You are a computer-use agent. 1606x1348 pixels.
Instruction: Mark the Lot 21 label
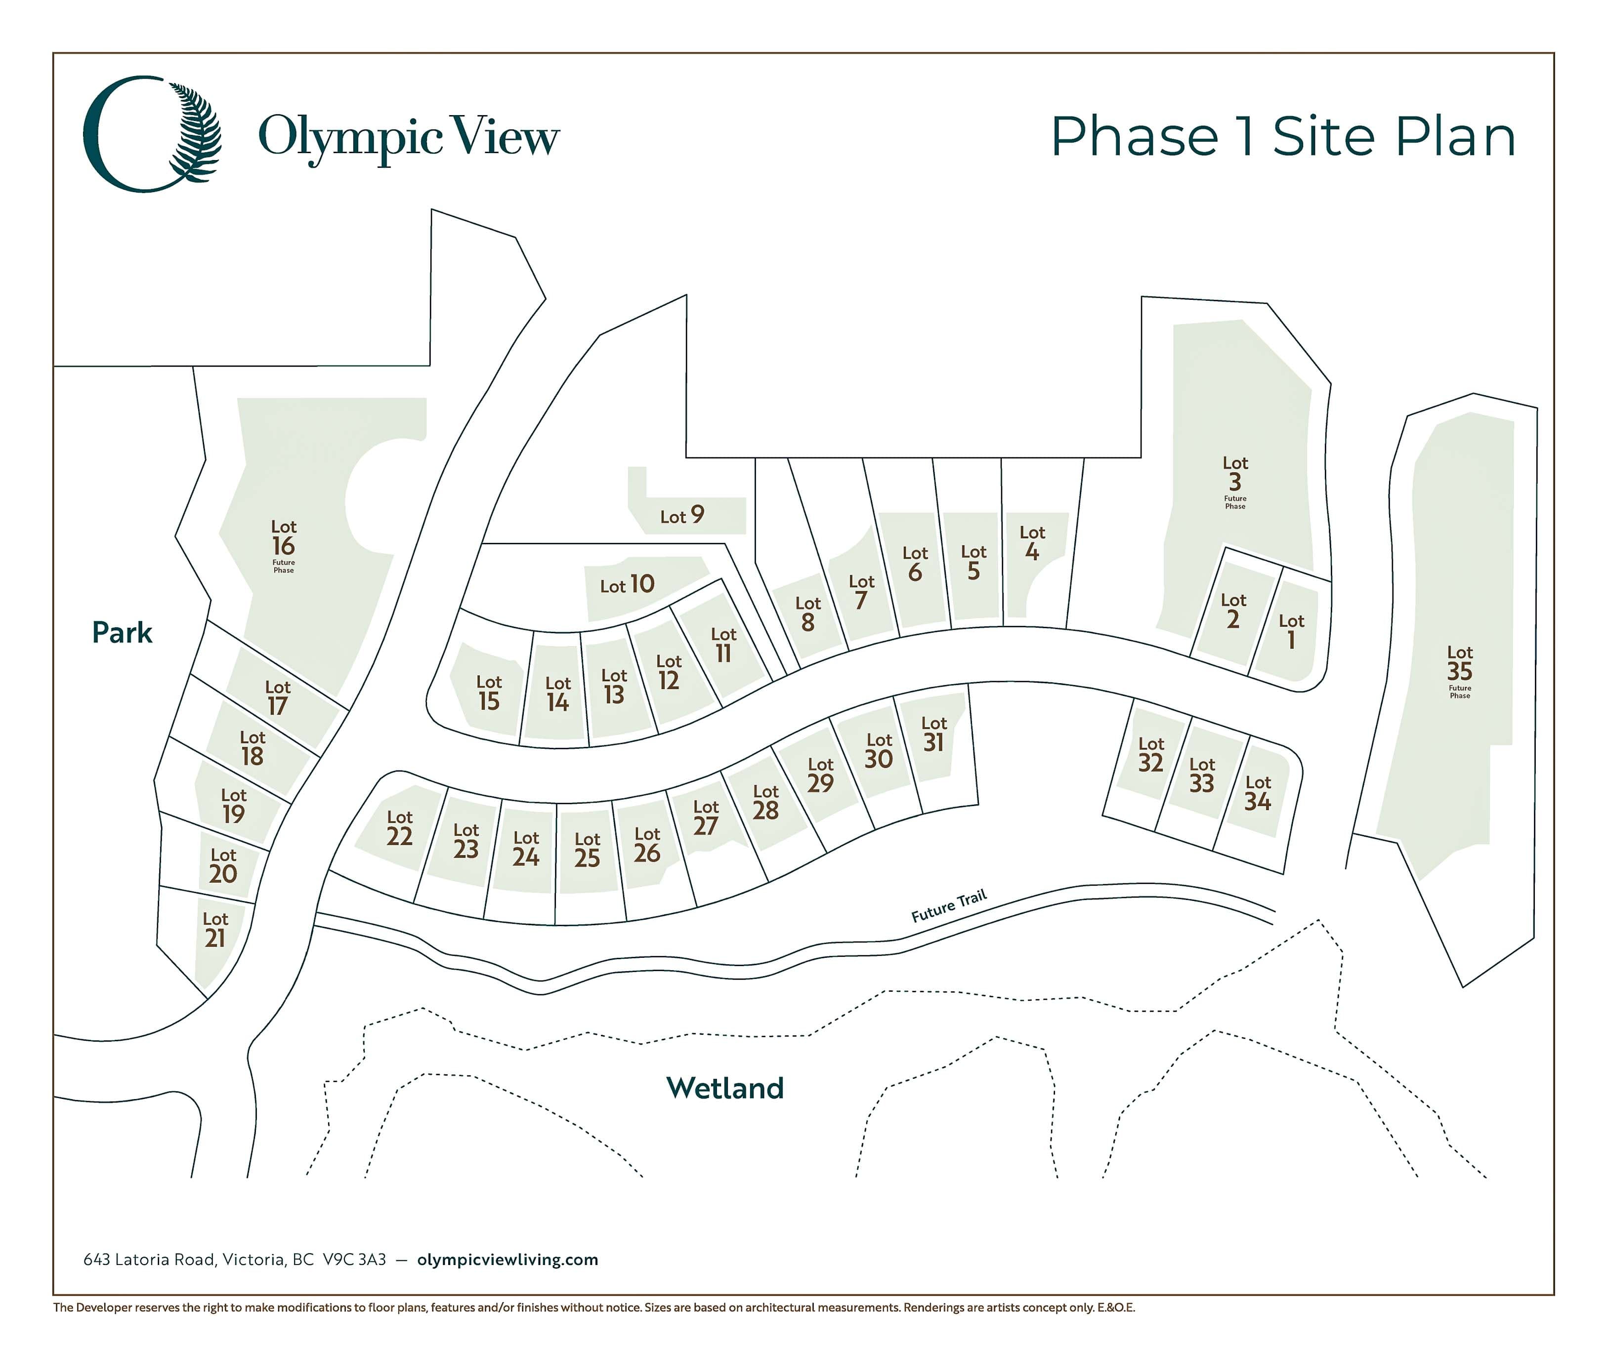[x=215, y=930]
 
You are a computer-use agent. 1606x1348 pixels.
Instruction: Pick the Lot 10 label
[x=627, y=585]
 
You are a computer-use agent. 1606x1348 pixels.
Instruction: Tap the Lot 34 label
[x=1257, y=794]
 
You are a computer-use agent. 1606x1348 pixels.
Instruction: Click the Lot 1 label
[x=1291, y=632]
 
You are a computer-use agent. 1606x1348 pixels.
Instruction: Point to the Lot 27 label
[x=705, y=818]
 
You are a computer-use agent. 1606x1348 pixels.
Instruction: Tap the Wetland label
[x=725, y=1088]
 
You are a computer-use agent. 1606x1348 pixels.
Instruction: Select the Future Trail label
[x=949, y=905]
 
